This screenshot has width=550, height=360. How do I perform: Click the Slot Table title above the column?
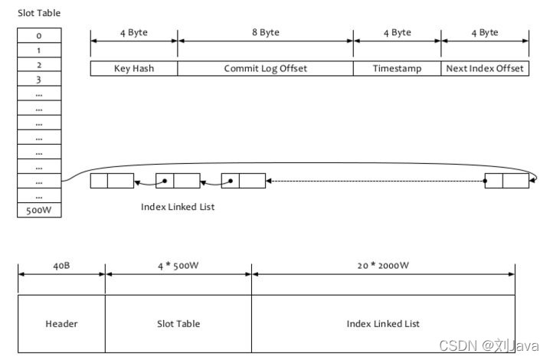click(x=39, y=13)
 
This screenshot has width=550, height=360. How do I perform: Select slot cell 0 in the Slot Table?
click(x=39, y=35)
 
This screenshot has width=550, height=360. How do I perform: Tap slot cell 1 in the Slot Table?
click(x=39, y=50)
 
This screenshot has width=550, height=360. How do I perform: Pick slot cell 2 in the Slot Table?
click(x=39, y=64)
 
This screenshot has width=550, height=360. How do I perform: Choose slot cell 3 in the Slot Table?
click(x=39, y=79)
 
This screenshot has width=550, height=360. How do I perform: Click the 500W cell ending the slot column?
click(x=39, y=210)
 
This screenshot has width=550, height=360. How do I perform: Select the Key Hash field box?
click(x=134, y=68)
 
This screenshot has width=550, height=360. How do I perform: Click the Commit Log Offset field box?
click(x=265, y=68)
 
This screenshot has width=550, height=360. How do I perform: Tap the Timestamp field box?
click(x=397, y=68)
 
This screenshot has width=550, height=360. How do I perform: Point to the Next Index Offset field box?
click(x=485, y=68)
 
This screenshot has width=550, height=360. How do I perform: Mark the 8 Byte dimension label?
click(x=265, y=32)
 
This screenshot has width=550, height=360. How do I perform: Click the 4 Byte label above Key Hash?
click(x=134, y=32)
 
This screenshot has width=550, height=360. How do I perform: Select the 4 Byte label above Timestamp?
click(x=397, y=32)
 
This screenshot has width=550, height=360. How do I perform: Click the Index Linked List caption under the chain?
click(x=178, y=207)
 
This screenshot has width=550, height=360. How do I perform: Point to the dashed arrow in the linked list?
click(x=375, y=182)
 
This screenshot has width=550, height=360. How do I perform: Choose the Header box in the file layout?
click(x=61, y=323)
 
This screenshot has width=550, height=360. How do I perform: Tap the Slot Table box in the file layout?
click(x=178, y=323)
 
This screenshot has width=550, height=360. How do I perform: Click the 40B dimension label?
click(x=61, y=267)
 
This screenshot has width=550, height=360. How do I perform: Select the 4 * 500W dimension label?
click(x=178, y=267)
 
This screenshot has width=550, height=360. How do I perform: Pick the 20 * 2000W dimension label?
click(x=383, y=267)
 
